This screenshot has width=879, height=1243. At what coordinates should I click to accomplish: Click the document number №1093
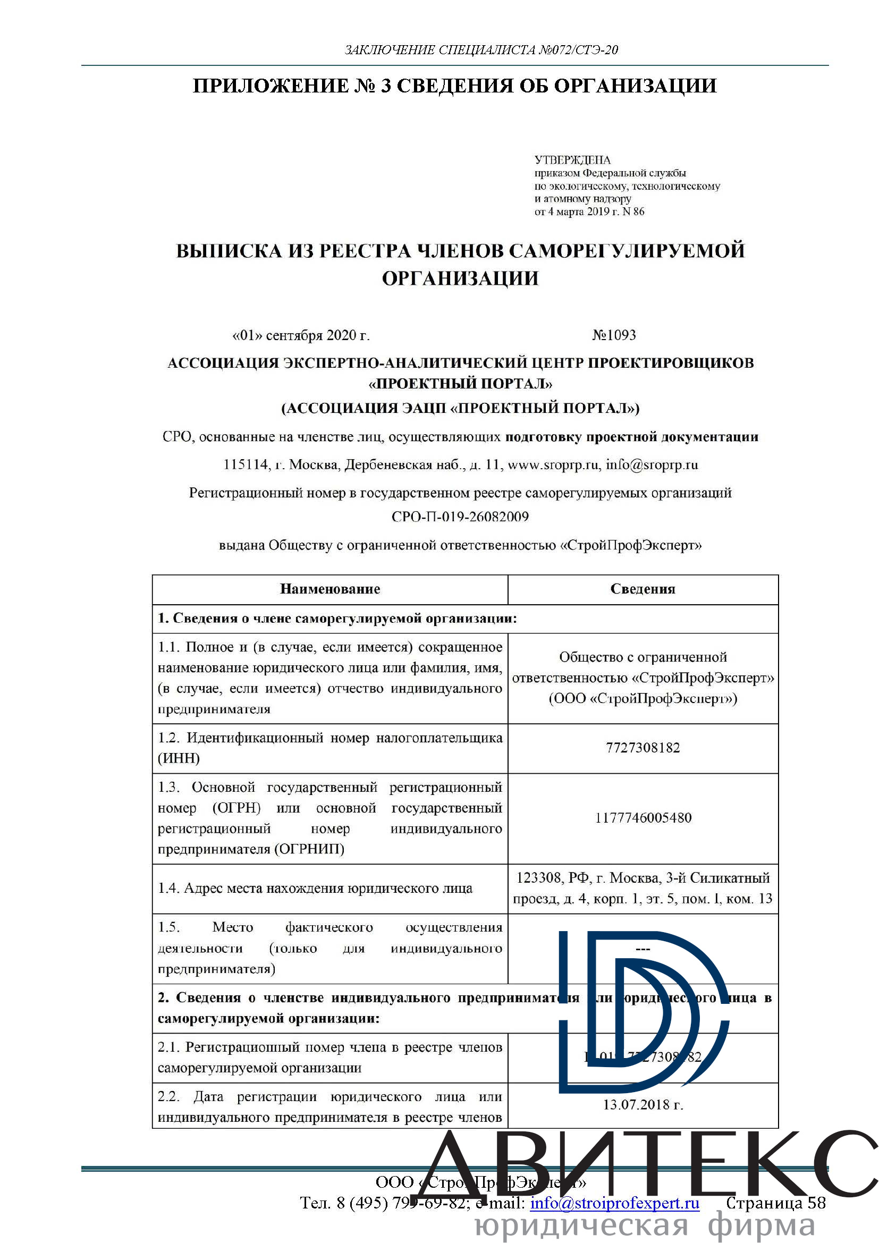coord(614,335)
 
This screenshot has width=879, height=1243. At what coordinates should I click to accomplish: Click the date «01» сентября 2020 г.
coord(301,336)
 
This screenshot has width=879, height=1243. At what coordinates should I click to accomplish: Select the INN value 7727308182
coord(643,748)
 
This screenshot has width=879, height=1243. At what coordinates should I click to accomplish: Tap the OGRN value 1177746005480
coord(643,817)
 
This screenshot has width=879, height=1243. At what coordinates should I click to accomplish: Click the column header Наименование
coord(329,589)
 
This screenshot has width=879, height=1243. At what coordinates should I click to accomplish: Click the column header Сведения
coord(643,589)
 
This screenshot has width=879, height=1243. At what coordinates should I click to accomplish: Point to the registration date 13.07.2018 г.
coord(643,1104)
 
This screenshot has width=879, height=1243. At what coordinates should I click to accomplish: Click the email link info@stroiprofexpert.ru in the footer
coord(615,1203)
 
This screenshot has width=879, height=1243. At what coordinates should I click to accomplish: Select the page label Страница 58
coord(775,1203)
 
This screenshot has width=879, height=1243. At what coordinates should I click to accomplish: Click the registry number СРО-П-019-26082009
coord(460,517)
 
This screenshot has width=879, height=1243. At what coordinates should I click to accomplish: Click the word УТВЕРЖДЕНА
coord(572,160)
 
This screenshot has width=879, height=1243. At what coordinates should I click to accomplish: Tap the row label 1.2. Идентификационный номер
coord(329,748)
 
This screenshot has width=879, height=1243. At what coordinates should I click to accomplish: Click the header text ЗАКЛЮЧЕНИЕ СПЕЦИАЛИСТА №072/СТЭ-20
coord(481,50)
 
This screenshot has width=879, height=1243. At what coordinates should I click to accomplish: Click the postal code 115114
coord(246,464)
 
